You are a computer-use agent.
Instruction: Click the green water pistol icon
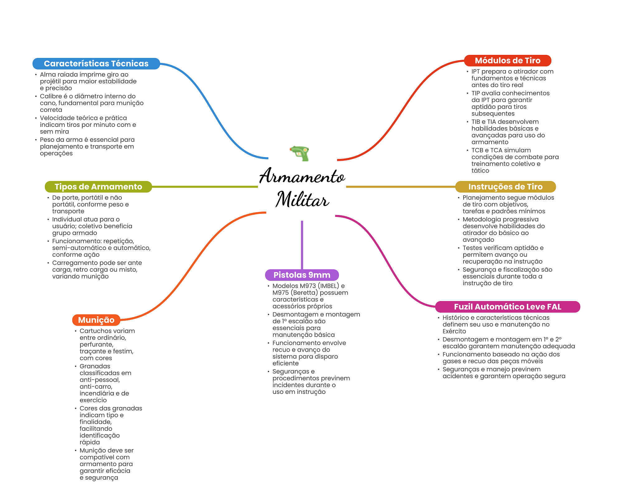(x=300, y=153)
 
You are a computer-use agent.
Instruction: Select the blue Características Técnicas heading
(x=96, y=64)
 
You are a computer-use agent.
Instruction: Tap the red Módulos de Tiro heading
(x=507, y=60)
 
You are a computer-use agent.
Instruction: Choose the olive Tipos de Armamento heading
(x=98, y=187)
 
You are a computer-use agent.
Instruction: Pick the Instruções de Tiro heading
(x=505, y=187)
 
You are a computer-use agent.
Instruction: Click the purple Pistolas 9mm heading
(x=302, y=275)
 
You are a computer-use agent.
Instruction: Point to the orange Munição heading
(x=96, y=320)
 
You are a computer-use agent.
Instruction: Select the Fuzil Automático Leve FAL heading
(x=507, y=307)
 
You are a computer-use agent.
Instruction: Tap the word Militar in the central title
(x=302, y=199)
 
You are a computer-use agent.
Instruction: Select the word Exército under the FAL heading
(x=454, y=331)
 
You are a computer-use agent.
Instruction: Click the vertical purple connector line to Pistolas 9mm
(x=302, y=245)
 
